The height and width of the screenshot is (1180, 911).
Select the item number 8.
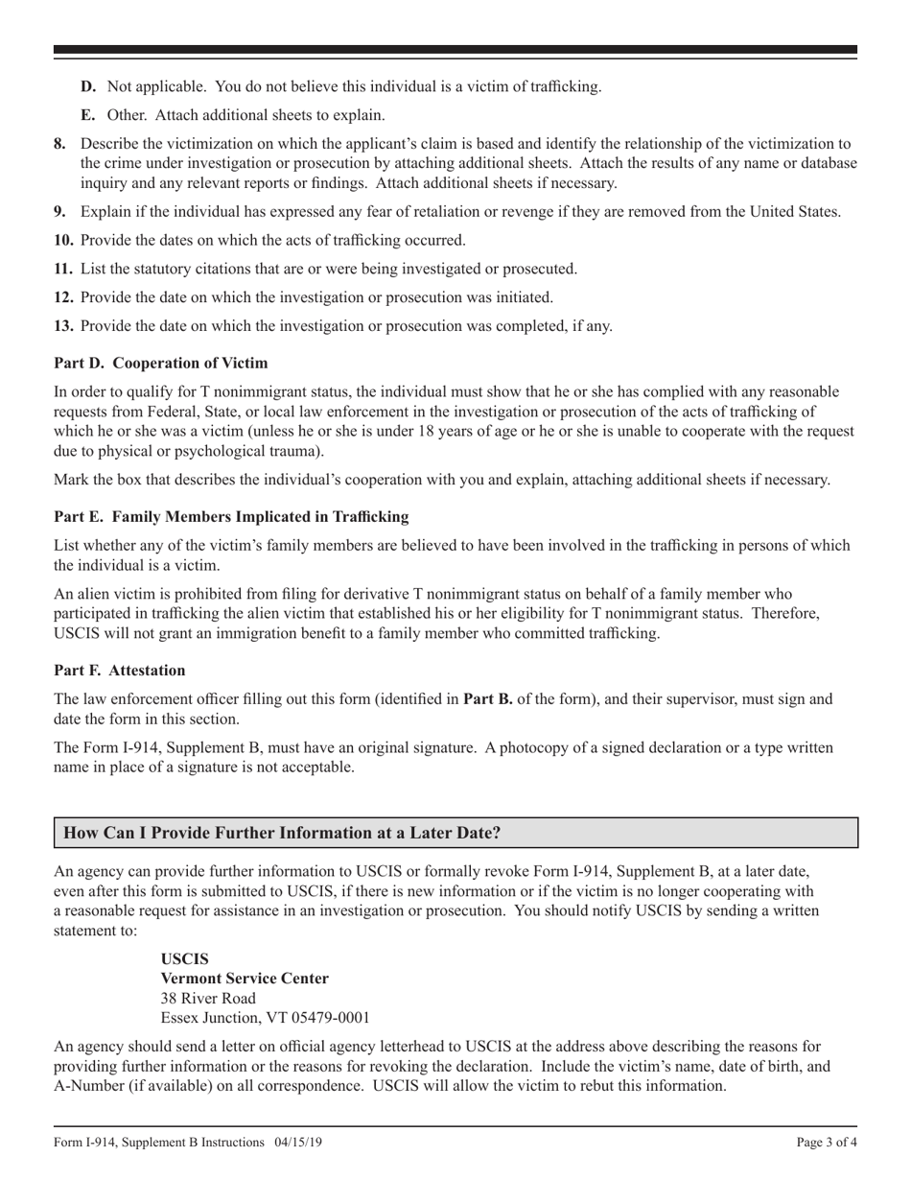tap(60, 145)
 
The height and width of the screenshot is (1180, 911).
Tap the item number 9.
tap(60, 212)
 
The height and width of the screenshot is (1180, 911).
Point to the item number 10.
tap(63, 241)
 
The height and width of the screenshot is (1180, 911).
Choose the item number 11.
tap(63, 269)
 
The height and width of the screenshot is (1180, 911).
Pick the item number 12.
tap(63, 297)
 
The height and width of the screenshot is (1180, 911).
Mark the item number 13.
tap(63, 326)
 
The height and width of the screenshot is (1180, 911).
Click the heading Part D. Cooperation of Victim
tap(160, 364)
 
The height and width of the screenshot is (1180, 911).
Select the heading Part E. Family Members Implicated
tap(231, 517)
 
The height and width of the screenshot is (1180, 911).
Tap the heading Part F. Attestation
tap(120, 671)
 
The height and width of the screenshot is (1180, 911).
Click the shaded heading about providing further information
tap(282, 834)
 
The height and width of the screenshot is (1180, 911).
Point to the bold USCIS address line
tap(184, 959)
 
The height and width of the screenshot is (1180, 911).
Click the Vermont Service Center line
tap(245, 979)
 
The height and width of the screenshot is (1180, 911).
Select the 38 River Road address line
tap(208, 999)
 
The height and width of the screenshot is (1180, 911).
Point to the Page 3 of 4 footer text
tap(827, 1143)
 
